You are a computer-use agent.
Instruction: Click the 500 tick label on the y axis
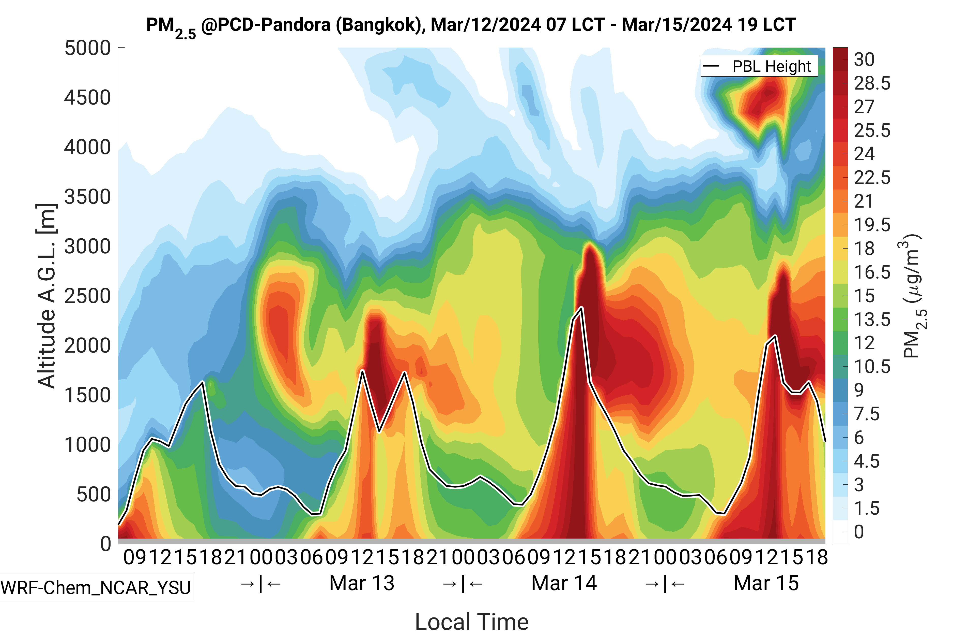(x=94, y=495)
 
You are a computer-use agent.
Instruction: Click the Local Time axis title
(x=472, y=621)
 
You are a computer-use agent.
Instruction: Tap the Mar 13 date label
(x=362, y=583)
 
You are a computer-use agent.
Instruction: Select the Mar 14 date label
(x=564, y=583)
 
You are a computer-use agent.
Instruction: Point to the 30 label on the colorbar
(x=864, y=60)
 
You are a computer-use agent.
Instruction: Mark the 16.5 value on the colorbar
(x=872, y=272)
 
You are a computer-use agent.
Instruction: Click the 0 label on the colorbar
(x=859, y=532)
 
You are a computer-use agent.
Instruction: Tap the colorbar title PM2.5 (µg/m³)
(x=914, y=296)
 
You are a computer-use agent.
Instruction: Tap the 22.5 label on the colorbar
(x=872, y=178)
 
